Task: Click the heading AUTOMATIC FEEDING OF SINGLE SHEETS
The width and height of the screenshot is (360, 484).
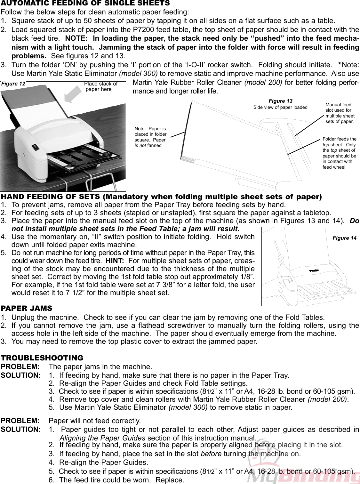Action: point(85,4)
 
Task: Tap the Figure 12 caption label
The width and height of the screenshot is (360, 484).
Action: point(13,84)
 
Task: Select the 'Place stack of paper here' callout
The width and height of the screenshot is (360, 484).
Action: point(100,86)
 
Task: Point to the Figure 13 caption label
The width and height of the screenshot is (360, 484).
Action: point(280,101)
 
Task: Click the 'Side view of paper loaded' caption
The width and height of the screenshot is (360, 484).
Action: point(280,107)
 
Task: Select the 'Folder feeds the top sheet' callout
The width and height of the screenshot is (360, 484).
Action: point(339,153)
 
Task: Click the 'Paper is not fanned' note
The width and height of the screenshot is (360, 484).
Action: point(150,137)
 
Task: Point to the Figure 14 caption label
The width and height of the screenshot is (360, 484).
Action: point(344,238)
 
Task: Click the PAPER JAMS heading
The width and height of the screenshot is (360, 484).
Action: point(27,309)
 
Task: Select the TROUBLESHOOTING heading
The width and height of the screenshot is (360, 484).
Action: point(42,358)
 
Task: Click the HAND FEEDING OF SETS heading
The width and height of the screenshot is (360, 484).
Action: point(161,197)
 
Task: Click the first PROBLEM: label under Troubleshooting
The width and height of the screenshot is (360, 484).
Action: point(20,367)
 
